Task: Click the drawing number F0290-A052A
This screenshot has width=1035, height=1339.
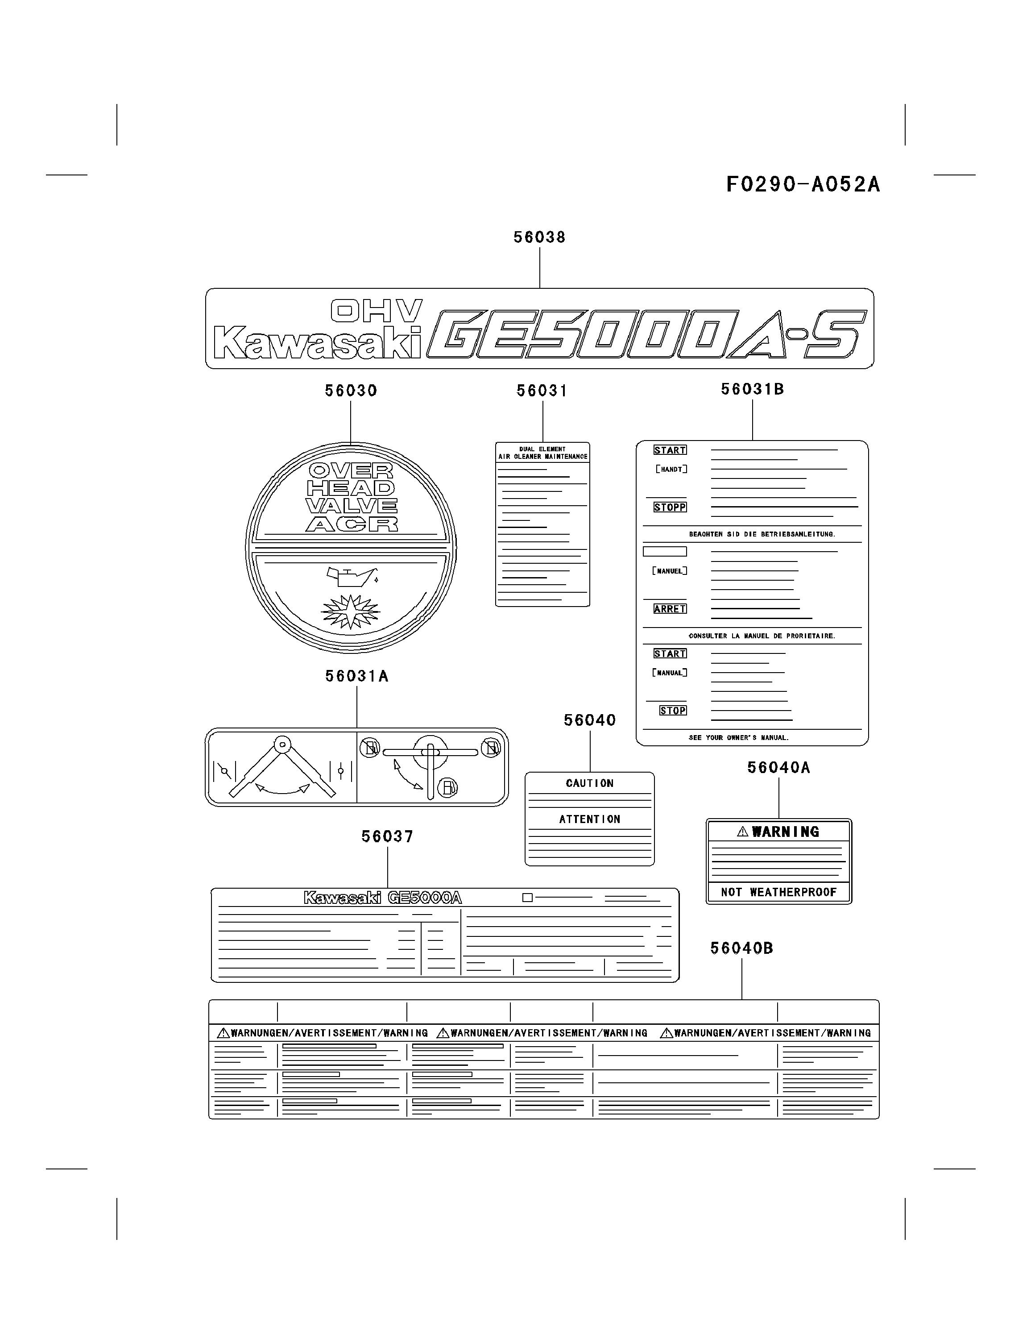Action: click(803, 184)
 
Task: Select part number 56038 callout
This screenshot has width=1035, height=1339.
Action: click(539, 237)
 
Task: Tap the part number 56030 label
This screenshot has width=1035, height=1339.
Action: click(351, 391)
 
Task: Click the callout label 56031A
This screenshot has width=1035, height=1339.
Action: click(356, 676)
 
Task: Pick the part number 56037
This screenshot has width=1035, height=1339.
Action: click(387, 836)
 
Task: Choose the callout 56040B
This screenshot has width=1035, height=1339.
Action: click(741, 948)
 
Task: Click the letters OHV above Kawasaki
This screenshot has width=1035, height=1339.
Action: click(376, 311)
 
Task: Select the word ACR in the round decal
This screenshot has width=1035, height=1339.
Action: click(352, 524)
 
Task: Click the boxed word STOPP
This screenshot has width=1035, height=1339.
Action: click(670, 507)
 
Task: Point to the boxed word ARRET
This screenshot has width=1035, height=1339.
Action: click(670, 609)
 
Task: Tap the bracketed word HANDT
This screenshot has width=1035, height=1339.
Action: click(671, 470)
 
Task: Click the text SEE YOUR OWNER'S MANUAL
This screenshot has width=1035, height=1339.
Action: click(738, 737)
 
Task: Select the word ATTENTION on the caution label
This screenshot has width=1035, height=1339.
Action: click(589, 819)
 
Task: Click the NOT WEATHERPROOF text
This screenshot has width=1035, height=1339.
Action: click(778, 892)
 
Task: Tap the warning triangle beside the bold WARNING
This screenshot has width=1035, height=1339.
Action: click(743, 832)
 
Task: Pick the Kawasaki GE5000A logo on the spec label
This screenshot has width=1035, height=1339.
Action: click(382, 898)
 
